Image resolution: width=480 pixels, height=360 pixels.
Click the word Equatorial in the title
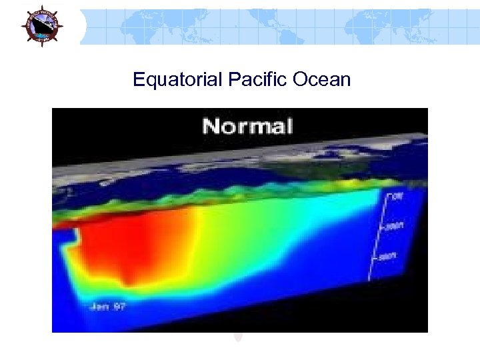(x=177, y=80)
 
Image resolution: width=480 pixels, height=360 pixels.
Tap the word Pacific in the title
(x=252, y=80)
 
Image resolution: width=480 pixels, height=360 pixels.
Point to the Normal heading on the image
(x=247, y=126)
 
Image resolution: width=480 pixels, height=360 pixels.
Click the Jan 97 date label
(x=107, y=306)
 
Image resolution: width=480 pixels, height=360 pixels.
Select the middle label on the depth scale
(x=395, y=227)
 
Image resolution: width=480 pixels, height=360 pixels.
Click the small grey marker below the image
(x=239, y=337)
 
